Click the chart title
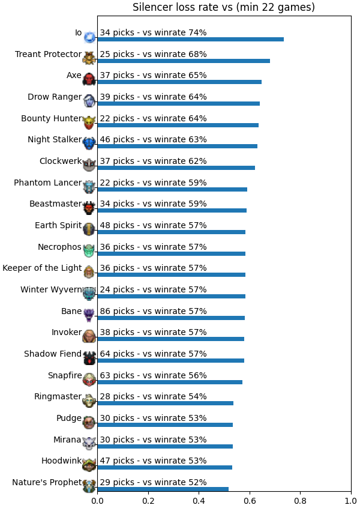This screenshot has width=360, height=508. tap(224, 7)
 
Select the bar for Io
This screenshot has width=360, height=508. tap(191, 39)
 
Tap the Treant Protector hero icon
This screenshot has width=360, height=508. tap(89, 58)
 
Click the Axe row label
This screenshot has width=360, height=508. tap(74, 75)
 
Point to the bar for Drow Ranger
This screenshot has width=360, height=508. tap(178, 103)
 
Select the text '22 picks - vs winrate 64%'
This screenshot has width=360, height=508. tap(153, 118)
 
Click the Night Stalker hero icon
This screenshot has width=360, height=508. tap(89, 144)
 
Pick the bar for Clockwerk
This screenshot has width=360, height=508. tap(176, 168)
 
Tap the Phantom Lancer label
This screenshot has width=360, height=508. tap(48, 183)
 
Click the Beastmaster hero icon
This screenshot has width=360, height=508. tap(89, 208)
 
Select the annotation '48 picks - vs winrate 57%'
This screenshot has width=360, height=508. tap(153, 225)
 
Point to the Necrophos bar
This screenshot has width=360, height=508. tap(171, 253)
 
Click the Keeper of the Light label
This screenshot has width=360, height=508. tap(42, 268)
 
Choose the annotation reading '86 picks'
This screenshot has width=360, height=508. tap(117, 311)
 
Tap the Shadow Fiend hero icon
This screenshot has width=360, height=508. tap(89, 358)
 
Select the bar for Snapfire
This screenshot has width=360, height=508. tap(170, 382)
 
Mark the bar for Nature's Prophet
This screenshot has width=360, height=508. tap(163, 489)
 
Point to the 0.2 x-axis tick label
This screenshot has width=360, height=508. tap(148, 501)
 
